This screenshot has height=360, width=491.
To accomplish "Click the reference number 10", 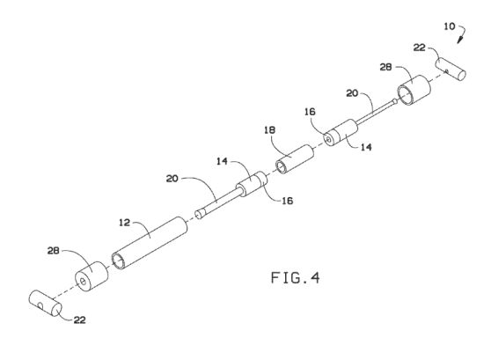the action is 450,26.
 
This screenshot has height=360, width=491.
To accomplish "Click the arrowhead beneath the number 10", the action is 459,40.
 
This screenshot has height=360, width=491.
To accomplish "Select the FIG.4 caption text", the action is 296,278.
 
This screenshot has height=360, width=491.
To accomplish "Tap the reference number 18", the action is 269,129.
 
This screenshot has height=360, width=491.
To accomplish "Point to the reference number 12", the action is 124,223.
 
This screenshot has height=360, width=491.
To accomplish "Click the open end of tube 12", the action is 118,261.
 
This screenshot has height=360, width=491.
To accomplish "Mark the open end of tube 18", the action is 281,166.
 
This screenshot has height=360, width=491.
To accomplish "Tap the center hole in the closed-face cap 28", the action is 83,282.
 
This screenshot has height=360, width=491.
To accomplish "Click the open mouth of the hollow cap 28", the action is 406,96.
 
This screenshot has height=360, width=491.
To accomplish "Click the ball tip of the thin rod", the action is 395,101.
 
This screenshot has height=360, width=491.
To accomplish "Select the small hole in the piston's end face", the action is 327,137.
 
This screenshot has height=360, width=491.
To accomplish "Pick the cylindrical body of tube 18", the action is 295,158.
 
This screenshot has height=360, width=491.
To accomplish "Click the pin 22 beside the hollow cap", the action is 451,69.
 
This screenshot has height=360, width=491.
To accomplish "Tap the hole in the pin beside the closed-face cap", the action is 40,305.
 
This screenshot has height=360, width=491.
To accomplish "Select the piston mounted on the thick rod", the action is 252,184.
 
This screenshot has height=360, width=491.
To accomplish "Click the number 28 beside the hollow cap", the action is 385,67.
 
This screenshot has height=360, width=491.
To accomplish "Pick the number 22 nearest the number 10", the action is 420,48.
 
